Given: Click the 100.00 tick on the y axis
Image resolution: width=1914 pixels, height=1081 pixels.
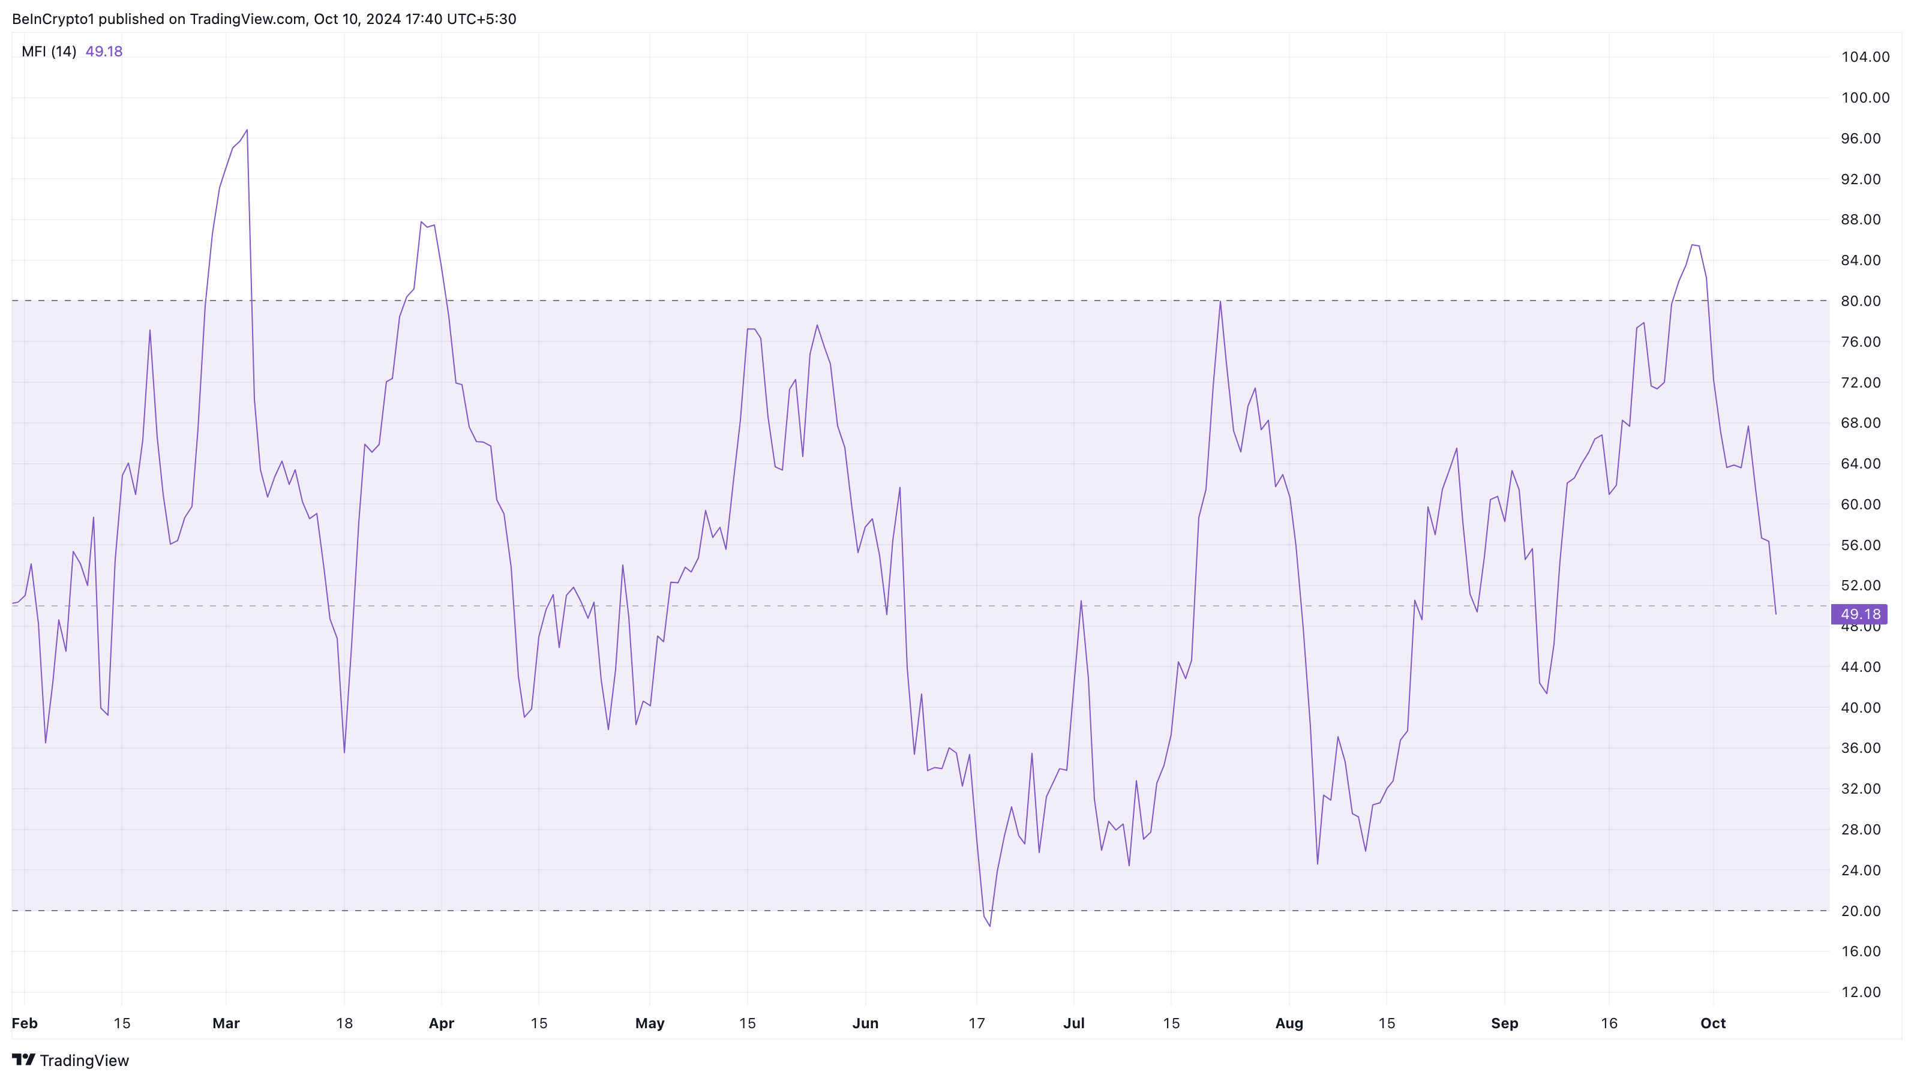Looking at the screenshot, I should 1865,97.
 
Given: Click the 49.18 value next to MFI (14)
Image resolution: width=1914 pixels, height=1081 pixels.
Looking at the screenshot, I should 104,51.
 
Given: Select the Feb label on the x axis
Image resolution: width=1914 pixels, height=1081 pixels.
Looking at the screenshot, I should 25,1023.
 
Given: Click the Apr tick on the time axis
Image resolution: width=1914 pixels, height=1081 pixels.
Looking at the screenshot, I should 442,1023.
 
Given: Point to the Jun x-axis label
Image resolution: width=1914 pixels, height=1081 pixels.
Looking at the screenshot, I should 865,1023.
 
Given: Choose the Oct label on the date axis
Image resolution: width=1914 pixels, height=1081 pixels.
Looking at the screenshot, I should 1712,1023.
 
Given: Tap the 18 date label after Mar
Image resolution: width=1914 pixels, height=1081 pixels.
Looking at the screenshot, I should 344,1023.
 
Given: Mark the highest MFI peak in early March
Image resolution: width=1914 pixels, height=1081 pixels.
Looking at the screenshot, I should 247,131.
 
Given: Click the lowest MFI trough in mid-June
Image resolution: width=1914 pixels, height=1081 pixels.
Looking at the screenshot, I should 989,926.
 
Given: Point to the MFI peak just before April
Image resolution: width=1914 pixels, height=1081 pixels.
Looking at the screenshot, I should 421,222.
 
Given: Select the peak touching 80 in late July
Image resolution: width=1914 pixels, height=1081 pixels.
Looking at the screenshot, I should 1220,302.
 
